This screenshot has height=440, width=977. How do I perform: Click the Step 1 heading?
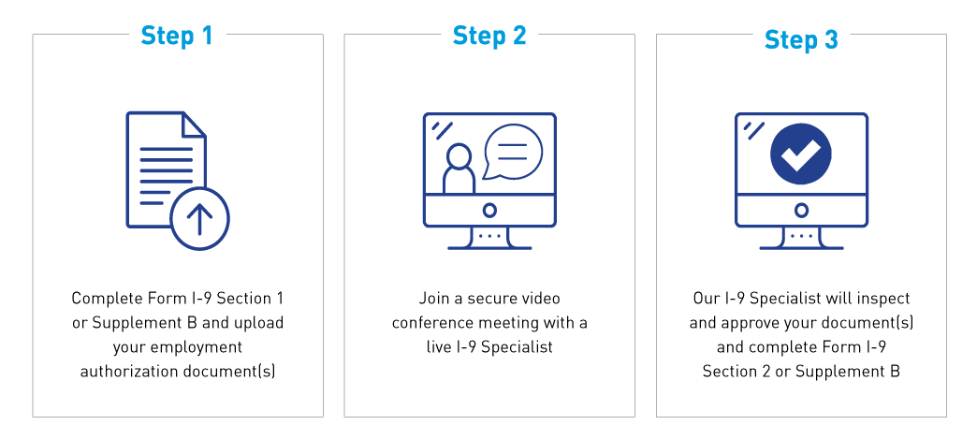point(177,36)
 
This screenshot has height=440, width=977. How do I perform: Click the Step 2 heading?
point(489,36)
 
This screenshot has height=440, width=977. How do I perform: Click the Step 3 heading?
point(801,40)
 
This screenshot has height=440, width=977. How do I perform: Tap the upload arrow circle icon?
point(200,219)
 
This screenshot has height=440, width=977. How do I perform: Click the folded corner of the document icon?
point(194,124)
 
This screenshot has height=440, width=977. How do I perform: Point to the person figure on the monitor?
point(459,169)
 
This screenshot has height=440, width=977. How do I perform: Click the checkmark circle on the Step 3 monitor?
point(801,154)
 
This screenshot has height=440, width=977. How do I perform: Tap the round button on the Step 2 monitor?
point(489,210)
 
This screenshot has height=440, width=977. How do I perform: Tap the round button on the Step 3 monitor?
point(801,210)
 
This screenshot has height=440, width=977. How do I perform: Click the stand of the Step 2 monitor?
point(489,238)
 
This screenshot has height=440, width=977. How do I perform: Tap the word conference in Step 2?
point(432,324)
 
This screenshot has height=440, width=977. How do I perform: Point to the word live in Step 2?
point(438,347)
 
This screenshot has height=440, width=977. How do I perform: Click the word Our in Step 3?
point(704,299)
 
